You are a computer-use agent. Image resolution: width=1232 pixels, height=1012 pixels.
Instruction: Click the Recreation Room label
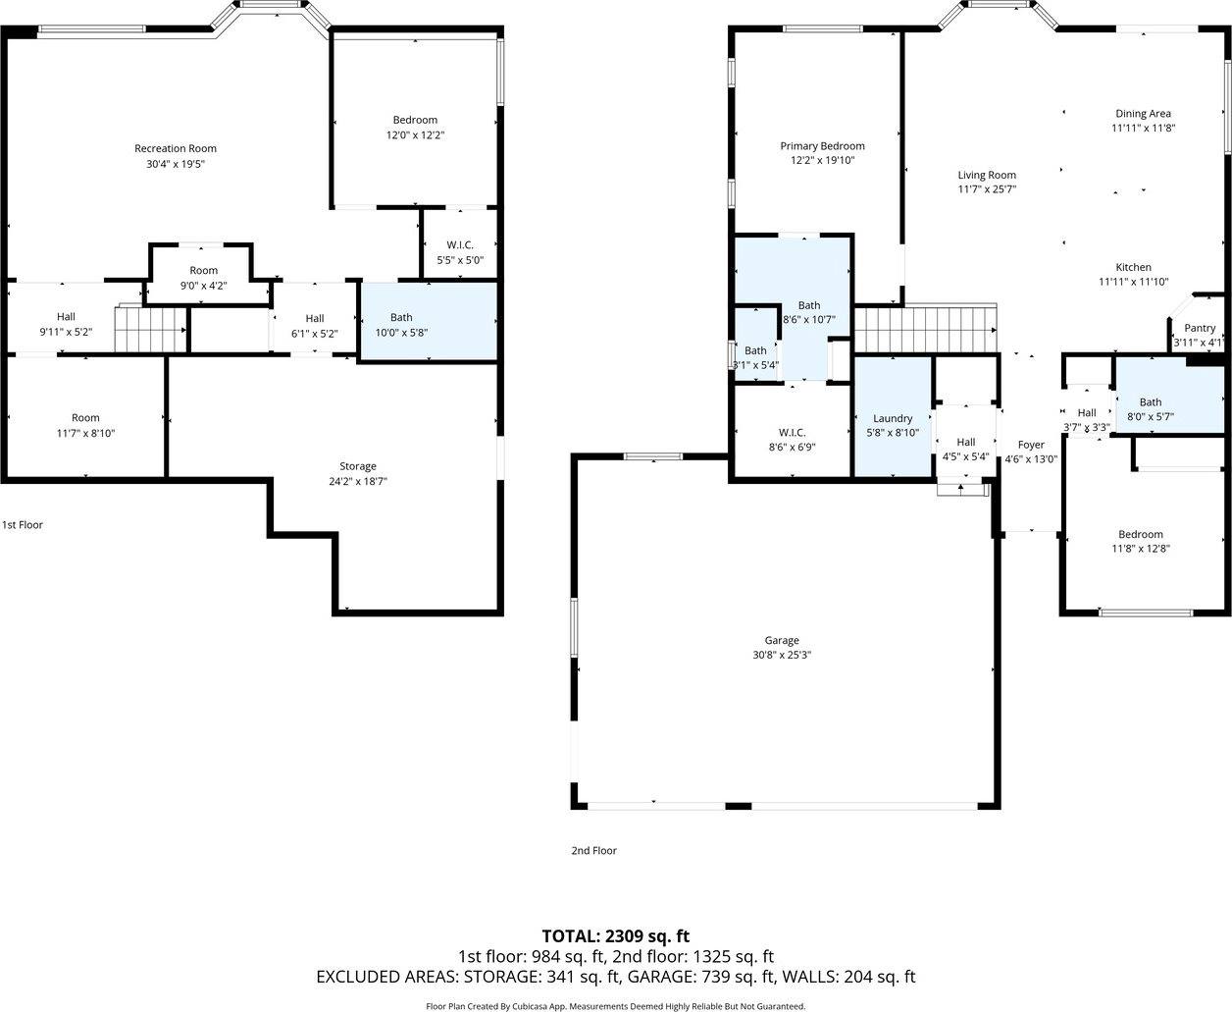176,148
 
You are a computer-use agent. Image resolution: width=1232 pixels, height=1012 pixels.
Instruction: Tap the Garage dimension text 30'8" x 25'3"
782,655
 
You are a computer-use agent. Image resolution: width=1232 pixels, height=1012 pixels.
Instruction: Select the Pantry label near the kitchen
1200,328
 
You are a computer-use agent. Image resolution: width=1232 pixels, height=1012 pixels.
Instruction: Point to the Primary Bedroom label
822,145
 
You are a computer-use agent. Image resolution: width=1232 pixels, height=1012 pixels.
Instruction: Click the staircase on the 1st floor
150,328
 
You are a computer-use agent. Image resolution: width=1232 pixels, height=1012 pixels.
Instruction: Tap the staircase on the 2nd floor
924,329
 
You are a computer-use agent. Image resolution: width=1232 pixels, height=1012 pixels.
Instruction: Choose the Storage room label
358,466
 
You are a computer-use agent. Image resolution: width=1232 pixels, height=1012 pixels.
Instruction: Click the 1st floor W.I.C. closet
459,245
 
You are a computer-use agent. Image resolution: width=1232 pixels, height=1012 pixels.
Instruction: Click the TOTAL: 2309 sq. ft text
615,935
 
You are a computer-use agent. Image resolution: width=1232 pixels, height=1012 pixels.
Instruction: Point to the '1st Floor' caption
23,524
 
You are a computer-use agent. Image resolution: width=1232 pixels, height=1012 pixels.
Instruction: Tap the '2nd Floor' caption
593,850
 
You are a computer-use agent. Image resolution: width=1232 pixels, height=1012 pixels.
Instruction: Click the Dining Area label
1143,113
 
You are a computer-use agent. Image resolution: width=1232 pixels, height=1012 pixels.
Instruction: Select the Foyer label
1031,445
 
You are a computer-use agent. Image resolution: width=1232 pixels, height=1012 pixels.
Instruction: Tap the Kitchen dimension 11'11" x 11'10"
1133,282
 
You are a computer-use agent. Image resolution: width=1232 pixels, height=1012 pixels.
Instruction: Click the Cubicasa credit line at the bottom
615,1005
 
